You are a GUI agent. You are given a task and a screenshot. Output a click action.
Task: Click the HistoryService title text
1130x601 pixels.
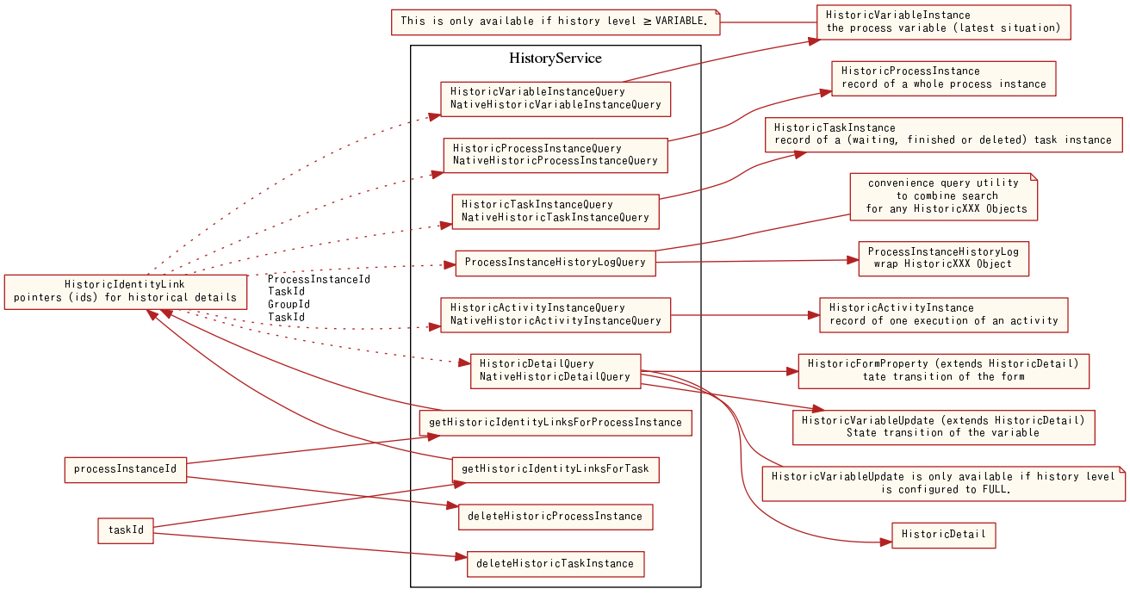click(x=556, y=59)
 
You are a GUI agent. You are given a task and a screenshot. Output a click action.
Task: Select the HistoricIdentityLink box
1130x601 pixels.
click(x=125, y=291)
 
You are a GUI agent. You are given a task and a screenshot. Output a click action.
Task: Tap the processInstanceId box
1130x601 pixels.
click(x=126, y=469)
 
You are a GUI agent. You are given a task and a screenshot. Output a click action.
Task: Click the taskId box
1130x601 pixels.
click(x=126, y=530)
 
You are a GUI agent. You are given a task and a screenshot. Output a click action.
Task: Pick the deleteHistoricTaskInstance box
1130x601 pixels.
click(x=555, y=564)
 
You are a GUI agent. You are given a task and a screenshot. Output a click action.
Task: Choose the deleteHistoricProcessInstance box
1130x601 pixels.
click(x=555, y=516)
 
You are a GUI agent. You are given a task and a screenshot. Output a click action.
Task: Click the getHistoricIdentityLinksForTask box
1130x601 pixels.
click(x=555, y=469)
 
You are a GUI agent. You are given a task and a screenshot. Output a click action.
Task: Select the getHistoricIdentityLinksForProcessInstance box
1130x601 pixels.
click(x=555, y=423)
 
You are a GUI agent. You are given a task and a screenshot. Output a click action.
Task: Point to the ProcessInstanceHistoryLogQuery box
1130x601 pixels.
click(x=555, y=262)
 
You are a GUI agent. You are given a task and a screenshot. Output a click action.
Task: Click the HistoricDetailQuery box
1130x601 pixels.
click(x=555, y=370)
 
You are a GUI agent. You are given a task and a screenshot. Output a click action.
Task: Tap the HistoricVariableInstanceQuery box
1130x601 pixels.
click(x=555, y=98)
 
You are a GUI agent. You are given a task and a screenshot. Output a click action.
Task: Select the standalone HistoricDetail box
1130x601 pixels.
click(x=943, y=535)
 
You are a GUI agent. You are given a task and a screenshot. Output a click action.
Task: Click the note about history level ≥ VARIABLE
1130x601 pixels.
click(x=555, y=22)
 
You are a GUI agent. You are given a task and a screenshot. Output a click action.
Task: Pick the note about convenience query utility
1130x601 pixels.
click(x=943, y=196)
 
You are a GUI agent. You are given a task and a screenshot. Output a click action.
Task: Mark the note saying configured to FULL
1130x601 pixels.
click(x=943, y=483)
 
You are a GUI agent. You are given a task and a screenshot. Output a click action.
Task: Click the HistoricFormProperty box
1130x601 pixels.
click(x=943, y=370)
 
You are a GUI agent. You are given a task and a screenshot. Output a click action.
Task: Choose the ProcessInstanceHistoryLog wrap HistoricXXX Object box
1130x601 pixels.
click(x=943, y=257)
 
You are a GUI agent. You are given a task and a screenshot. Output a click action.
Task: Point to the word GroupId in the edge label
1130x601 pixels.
click(x=289, y=305)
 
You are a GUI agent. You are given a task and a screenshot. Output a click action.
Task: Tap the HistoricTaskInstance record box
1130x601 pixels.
click(x=943, y=134)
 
